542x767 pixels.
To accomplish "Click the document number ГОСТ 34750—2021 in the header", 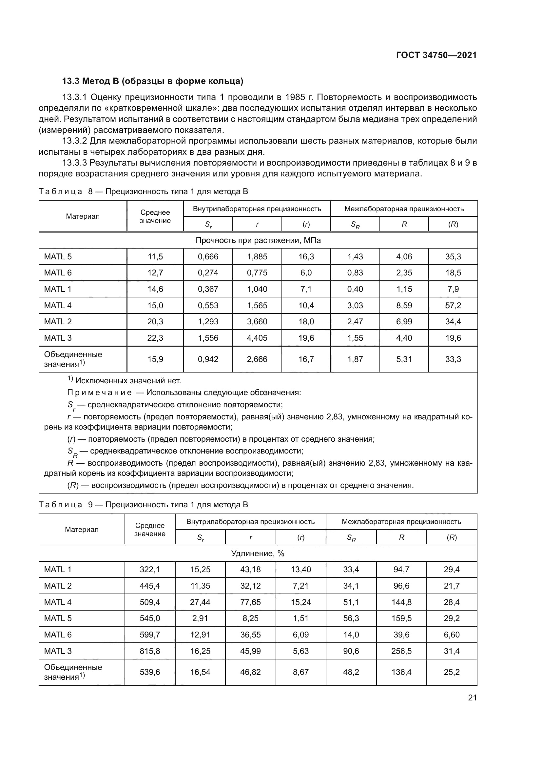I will [436, 55].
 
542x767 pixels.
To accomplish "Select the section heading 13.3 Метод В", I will [152, 81].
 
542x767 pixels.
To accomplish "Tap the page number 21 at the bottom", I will [472, 697].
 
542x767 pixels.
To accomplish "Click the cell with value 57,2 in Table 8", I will [453, 305].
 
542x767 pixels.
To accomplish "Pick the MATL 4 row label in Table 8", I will [58, 305].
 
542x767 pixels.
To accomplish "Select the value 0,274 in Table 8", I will [208, 272].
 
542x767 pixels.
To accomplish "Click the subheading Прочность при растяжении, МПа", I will [258, 240].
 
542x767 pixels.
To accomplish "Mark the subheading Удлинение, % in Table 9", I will [258, 553].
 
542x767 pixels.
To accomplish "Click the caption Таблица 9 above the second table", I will [61, 504].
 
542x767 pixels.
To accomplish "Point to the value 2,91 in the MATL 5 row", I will [200, 618].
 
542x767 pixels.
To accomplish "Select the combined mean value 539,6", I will [150, 672].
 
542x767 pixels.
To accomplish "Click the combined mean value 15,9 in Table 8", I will [155, 359].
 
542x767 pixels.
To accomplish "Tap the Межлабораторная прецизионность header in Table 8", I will [404, 209].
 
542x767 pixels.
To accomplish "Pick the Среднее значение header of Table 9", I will [150, 530].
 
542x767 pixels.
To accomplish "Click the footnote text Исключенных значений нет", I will [128, 380].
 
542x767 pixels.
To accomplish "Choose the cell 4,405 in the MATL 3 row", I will [257, 338].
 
